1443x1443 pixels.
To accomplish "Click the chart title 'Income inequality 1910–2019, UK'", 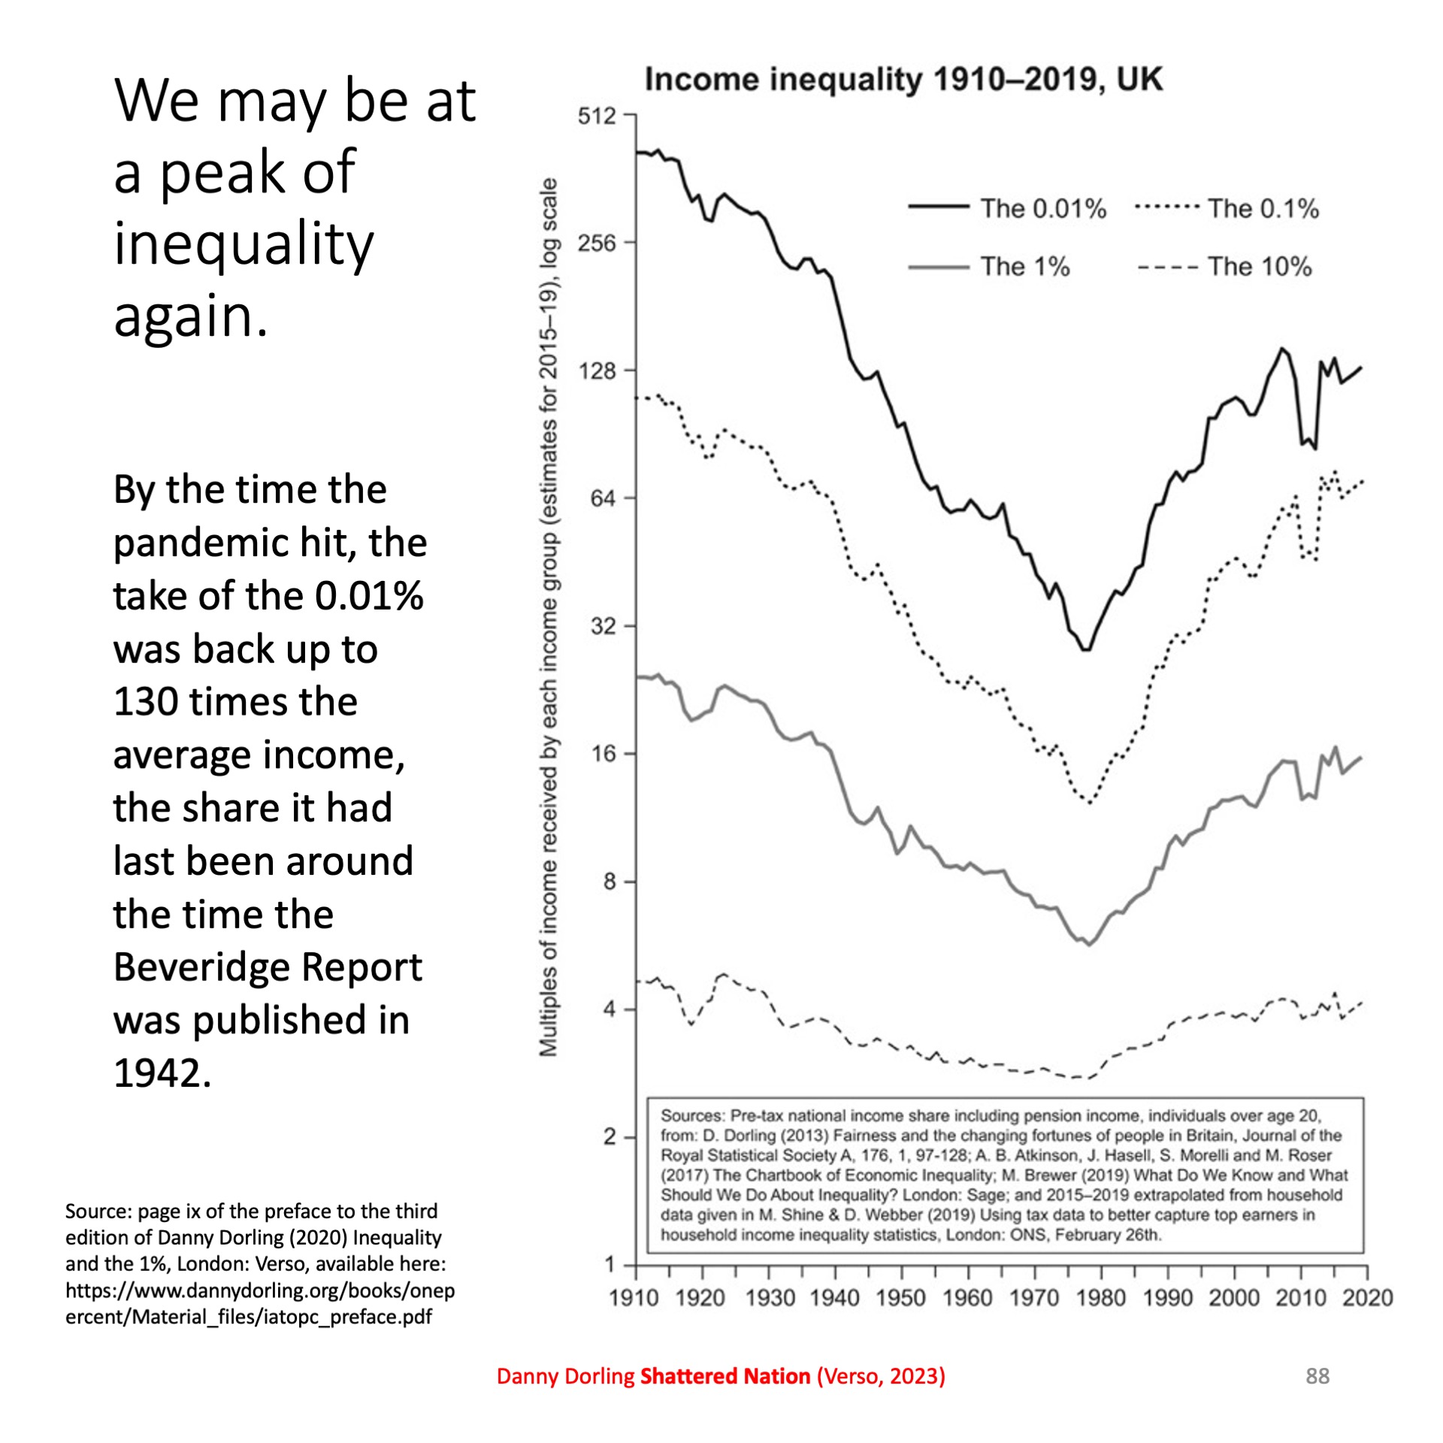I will (x=903, y=80).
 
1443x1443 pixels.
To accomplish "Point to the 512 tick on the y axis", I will (x=596, y=116).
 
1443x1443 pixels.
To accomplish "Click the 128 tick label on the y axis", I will (x=596, y=371).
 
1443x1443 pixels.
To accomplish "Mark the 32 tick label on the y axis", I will (x=602, y=626).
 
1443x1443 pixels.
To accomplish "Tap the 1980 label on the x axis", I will (x=1100, y=1298).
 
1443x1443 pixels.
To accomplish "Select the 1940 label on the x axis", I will (x=834, y=1298).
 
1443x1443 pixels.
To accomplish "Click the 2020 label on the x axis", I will (x=1367, y=1298).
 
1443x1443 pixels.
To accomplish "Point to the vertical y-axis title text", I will (x=549, y=616).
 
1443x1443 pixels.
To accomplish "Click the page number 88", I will (x=1317, y=1376).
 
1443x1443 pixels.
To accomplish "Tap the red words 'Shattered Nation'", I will (x=725, y=1376).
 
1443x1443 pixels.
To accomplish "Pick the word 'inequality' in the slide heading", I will (x=243, y=244).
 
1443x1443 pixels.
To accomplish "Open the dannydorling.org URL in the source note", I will (x=259, y=1304).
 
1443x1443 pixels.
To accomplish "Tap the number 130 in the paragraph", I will (x=145, y=702).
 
